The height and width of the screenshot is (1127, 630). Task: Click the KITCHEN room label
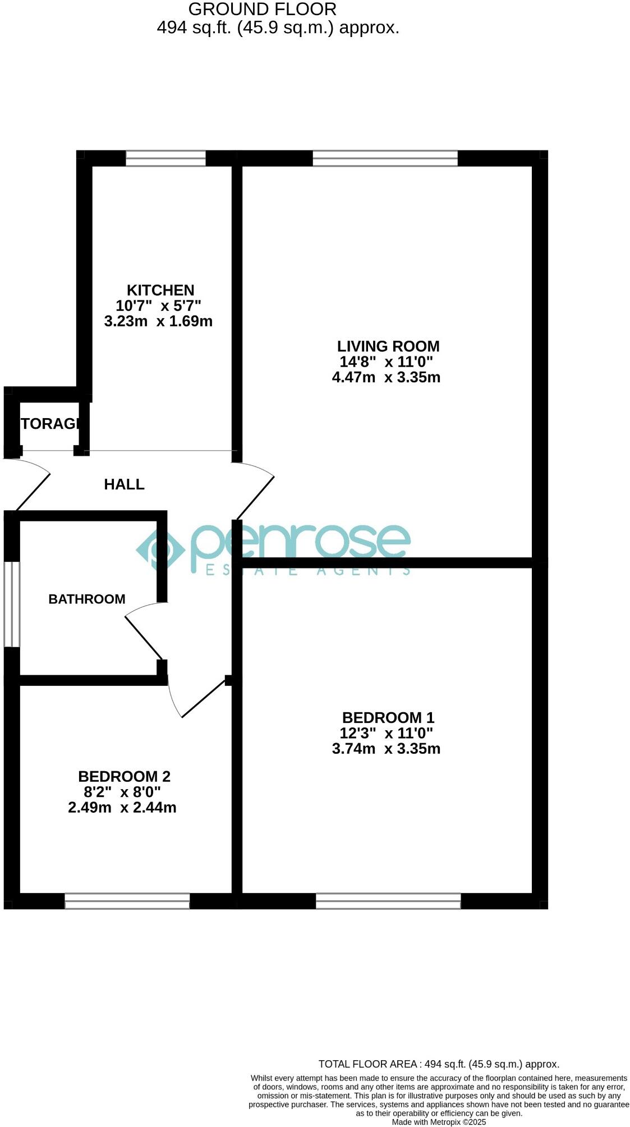[160, 290]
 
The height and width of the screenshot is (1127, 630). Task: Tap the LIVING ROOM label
[388, 346]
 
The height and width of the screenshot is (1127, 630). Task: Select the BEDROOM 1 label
[388, 717]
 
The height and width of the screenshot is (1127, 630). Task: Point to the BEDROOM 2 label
[124, 776]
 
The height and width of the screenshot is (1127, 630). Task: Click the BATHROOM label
[87, 599]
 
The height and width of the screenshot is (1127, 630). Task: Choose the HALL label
[124, 484]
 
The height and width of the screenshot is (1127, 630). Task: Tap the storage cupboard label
[50, 424]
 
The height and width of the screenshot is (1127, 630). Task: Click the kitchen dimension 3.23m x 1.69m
[158, 322]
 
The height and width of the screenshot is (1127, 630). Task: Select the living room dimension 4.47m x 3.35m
[386, 377]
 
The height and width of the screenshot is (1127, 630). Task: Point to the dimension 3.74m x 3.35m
[386, 748]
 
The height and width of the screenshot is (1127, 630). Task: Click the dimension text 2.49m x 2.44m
[122, 808]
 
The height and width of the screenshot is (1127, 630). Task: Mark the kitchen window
[165, 158]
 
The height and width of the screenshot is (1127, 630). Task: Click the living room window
[385, 158]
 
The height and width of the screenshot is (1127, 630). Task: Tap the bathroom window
[12, 604]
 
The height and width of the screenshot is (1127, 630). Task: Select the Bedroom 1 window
[388, 901]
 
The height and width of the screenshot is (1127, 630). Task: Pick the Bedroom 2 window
[127, 901]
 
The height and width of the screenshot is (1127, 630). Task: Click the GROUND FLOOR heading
[262, 9]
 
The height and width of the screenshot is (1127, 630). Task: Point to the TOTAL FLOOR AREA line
[439, 1064]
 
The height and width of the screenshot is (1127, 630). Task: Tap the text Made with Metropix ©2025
[439, 1123]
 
